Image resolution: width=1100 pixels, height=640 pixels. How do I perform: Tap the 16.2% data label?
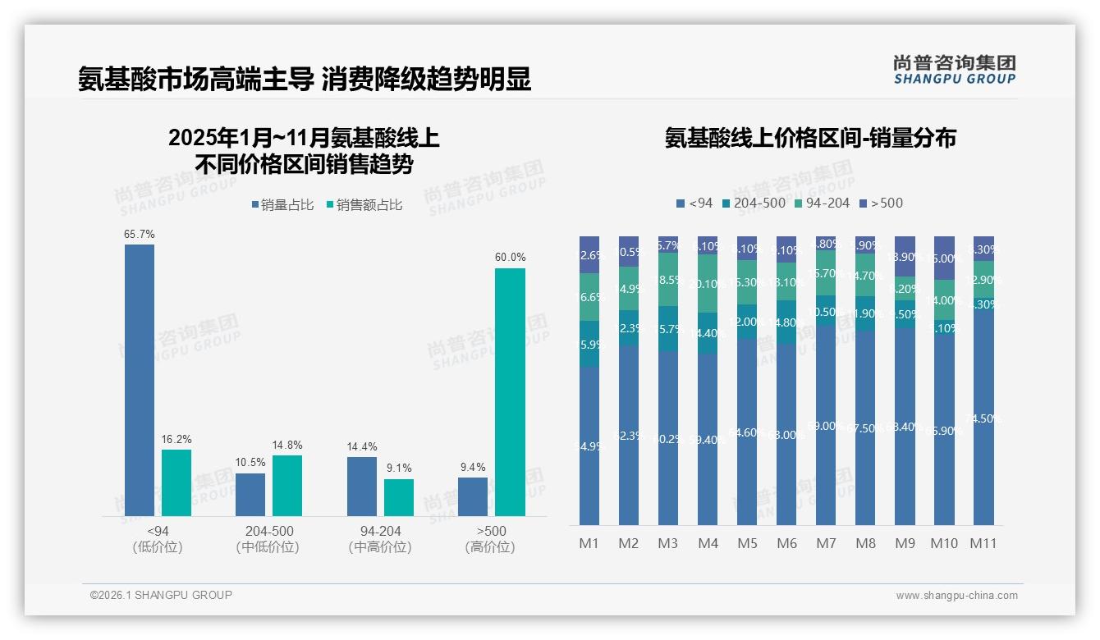click(176, 440)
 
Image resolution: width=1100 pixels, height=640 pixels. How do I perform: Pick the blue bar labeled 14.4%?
click(362, 487)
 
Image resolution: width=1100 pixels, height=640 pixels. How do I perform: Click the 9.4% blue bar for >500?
click(473, 496)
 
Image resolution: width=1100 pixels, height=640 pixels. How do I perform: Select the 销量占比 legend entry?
click(282, 205)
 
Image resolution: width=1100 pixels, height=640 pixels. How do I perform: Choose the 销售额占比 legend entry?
click(364, 205)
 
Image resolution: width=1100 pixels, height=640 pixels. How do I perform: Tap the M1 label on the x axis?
click(589, 543)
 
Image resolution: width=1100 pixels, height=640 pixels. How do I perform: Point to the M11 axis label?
click(983, 543)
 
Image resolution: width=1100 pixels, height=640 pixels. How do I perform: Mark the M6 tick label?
click(786, 543)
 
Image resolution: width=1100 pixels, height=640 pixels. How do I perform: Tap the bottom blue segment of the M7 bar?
click(826, 427)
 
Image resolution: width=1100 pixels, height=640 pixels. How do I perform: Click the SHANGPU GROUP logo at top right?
click(955, 70)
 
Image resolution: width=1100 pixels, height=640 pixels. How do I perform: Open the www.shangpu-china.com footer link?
click(956, 596)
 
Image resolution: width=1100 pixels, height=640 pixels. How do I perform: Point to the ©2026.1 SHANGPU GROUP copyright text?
click(161, 595)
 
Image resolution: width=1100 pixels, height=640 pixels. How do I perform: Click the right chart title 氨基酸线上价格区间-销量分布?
click(810, 138)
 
